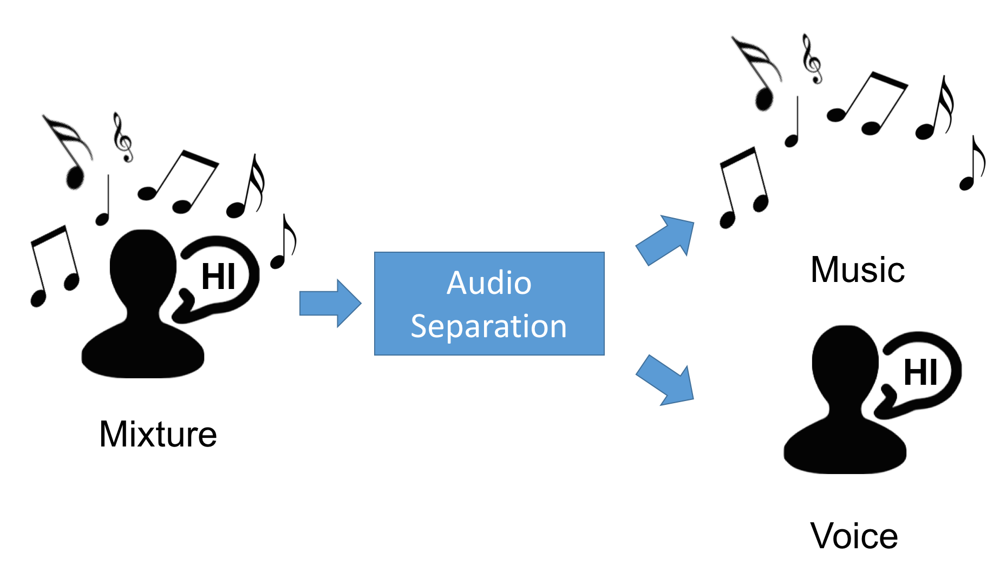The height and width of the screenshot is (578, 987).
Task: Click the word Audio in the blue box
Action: pyautogui.click(x=489, y=283)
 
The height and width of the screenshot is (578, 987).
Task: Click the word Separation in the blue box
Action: pyautogui.click(x=489, y=326)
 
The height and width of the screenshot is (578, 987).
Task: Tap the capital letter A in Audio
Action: pyautogui.click(x=457, y=283)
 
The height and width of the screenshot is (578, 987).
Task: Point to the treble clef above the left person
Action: pyautogui.click(x=123, y=141)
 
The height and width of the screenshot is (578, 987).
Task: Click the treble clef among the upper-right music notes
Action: pyautogui.click(x=812, y=60)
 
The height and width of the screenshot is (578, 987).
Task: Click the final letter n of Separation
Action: pyautogui.click(x=558, y=327)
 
